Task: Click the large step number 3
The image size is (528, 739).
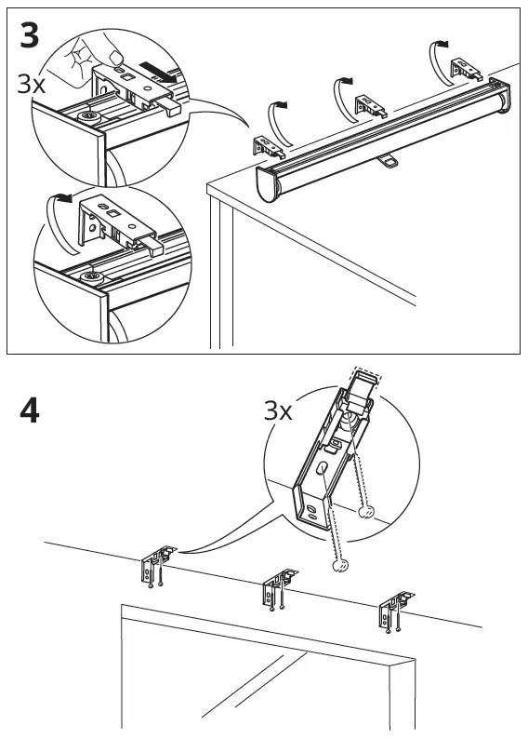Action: click(29, 35)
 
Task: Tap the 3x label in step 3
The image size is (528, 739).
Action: click(31, 84)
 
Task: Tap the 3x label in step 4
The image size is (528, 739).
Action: click(278, 410)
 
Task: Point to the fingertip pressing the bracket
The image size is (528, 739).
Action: click(115, 58)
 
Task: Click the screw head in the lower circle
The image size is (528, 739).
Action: click(90, 277)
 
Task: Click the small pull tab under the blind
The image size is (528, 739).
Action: click(388, 162)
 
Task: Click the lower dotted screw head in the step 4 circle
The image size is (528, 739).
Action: click(341, 565)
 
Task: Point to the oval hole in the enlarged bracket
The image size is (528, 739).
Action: click(323, 468)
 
